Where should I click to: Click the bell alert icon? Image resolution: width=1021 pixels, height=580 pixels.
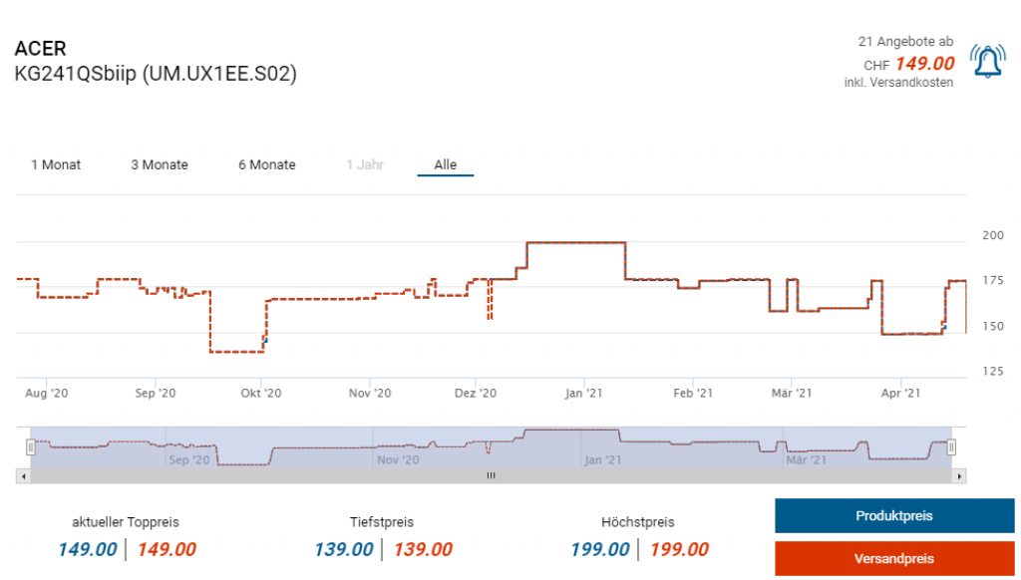[987, 62]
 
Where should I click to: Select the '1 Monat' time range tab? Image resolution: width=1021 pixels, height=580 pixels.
[56, 164]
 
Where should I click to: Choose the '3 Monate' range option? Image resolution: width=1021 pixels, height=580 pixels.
[160, 164]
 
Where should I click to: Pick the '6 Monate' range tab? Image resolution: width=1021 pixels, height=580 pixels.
[267, 164]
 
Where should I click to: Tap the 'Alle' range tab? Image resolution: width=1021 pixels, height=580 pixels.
[445, 164]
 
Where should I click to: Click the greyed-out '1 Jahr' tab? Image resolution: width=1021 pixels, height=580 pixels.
[365, 164]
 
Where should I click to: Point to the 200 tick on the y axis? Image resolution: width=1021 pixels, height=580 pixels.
[993, 235]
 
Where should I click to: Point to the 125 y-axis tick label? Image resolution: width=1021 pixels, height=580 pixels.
[993, 372]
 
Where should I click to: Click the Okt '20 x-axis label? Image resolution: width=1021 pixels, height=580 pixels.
[261, 394]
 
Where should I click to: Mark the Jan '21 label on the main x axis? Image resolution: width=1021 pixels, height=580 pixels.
[583, 394]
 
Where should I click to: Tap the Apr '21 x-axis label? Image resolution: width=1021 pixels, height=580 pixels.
[900, 394]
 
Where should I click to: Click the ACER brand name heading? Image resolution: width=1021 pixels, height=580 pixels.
[41, 49]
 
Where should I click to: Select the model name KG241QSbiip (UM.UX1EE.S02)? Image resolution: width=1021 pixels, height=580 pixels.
[156, 74]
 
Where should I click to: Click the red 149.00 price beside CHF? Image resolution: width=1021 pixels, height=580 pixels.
[924, 64]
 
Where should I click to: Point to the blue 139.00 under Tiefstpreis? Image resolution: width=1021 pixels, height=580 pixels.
[343, 549]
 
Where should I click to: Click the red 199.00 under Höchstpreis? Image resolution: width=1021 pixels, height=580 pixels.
[679, 549]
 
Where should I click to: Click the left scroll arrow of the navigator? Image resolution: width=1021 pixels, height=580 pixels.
[22, 476]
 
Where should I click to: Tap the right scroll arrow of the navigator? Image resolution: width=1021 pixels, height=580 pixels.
[959, 476]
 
